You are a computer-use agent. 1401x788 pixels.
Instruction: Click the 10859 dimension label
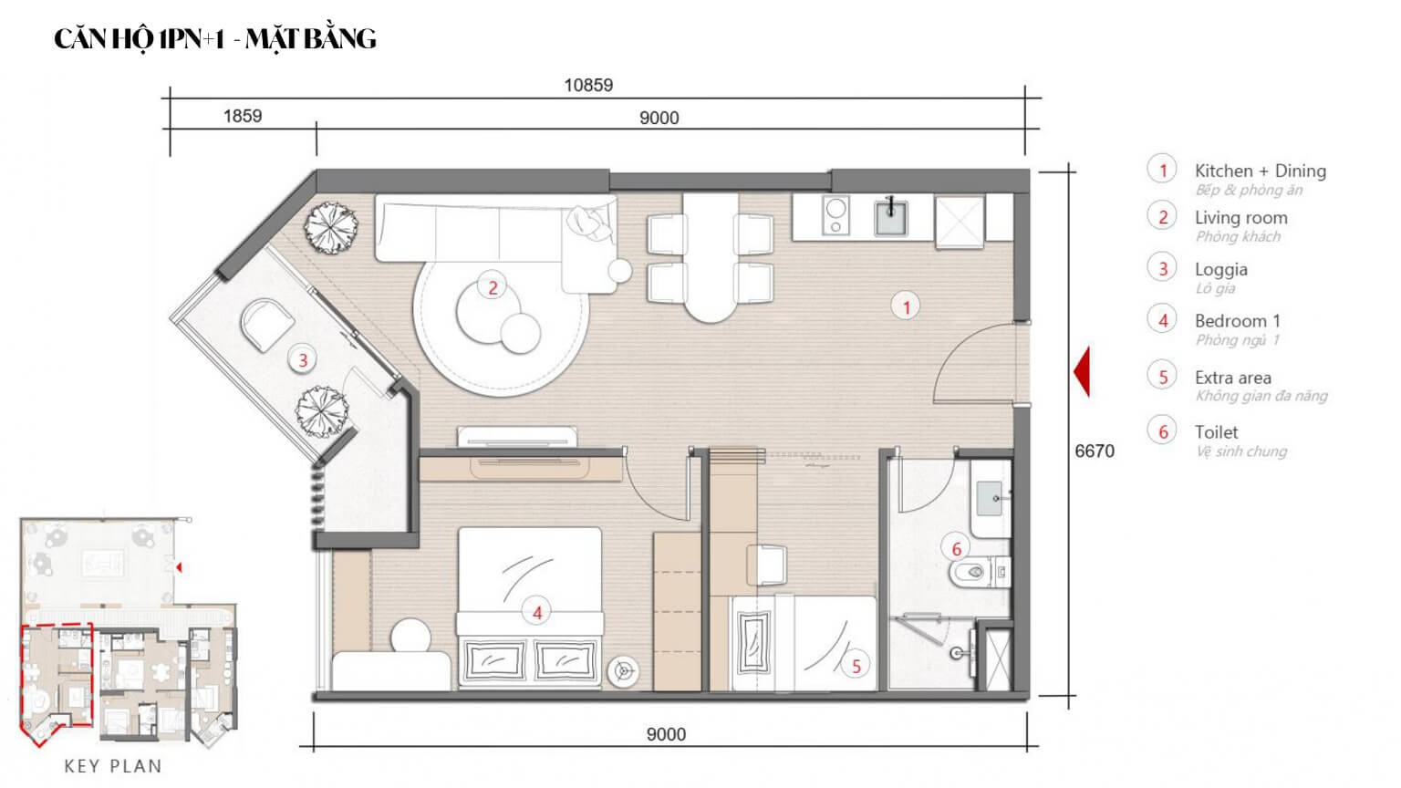point(588,85)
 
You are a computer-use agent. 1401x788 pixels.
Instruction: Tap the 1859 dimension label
point(243,116)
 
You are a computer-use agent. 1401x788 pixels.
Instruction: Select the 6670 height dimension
point(1094,451)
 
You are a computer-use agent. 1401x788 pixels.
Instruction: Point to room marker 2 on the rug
point(493,287)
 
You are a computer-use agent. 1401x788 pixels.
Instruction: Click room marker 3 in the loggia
point(303,360)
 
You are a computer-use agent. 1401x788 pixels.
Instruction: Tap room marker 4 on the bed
point(537,613)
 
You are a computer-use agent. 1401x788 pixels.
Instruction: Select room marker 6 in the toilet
point(956,548)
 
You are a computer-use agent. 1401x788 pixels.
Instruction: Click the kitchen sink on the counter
point(890,217)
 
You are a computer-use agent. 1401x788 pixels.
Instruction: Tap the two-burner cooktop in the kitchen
point(835,216)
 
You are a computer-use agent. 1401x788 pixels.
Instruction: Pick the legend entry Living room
point(1240,218)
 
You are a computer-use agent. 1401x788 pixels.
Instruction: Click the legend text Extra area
point(1232,378)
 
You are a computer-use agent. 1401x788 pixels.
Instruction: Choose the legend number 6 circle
point(1163,431)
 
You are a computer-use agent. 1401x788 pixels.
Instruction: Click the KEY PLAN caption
point(113,766)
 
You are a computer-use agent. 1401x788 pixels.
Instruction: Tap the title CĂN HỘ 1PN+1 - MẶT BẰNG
point(215,38)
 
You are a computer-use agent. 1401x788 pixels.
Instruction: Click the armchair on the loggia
point(267,324)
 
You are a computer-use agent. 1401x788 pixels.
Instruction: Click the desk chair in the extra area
point(766,565)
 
